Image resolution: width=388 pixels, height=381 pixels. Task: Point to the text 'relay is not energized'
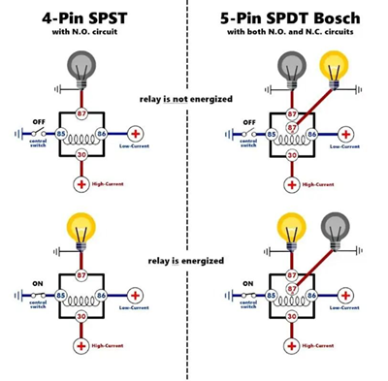[193, 100]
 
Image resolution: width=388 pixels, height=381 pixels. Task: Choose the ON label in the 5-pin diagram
[249, 283]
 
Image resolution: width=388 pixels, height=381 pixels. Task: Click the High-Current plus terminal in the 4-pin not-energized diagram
[81, 183]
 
